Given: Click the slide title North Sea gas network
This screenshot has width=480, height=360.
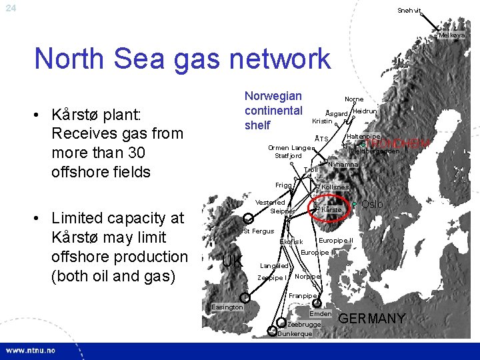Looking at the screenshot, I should pyautogui.click(x=182, y=59).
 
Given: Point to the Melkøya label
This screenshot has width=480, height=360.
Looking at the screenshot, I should pyautogui.click(x=451, y=35).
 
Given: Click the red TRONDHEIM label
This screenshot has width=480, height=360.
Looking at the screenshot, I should pyautogui.click(x=398, y=143).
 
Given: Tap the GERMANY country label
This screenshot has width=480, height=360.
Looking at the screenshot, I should pyautogui.click(x=373, y=319).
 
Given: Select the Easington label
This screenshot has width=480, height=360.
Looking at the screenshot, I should pyautogui.click(x=227, y=307).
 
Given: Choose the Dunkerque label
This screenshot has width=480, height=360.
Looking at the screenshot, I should pyautogui.click(x=294, y=333).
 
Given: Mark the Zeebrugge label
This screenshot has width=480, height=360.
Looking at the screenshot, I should pyautogui.click(x=303, y=324).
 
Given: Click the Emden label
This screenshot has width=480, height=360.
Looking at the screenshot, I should pyautogui.click(x=321, y=313).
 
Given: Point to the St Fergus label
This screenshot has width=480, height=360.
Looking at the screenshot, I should pyautogui.click(x=259, y=231).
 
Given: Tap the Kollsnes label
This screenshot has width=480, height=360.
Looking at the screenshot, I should pyautogui.click(x=335, y=187).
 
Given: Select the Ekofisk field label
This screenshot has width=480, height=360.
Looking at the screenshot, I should pyautogui.click(x=291, y=241).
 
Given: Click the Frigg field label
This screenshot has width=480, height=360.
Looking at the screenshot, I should pyautogui.click(x=283, y=184).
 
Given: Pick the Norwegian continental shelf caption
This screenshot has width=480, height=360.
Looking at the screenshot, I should pyautogui.click(x=273, y=111).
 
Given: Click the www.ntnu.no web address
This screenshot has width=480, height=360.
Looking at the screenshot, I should pyautogui.click(x=31, y=351).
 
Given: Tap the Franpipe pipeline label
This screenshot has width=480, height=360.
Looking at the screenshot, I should pyautogui.click(x=303, y=295).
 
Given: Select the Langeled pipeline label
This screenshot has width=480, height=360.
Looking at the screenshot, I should pyautogui.click(x=274, y=265).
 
